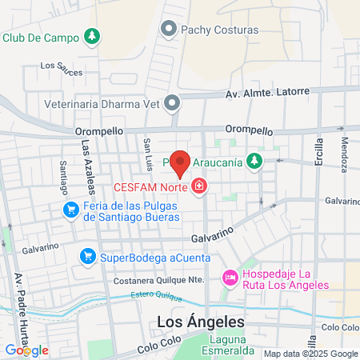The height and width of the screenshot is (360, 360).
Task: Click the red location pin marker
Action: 181,163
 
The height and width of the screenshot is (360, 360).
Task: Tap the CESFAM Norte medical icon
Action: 199,187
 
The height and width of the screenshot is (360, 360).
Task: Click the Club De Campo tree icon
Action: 94,36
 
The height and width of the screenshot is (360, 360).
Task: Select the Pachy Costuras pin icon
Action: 169,30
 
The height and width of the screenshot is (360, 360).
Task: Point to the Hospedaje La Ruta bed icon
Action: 230,278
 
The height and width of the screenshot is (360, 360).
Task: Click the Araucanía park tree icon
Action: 254,162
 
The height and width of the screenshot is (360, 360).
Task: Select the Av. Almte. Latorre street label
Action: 267,91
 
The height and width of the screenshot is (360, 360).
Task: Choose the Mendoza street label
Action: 344,148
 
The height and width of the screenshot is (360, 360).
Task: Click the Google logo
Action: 27,350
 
